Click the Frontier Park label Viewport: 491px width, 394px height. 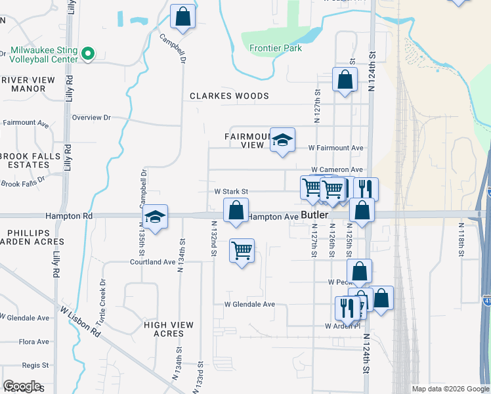[275, 48]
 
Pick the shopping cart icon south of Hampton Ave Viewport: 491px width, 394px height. [242, 251]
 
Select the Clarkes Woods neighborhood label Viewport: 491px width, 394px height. [230, 96]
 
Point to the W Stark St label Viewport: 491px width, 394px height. [231, 192]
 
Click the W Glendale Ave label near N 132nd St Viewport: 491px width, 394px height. [249, 305]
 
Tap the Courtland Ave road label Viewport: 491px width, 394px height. [153, 262]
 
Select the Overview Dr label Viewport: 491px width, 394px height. [91, 118]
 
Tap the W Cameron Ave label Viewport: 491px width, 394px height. [337, 169]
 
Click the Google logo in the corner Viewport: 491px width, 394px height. [22, 386]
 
